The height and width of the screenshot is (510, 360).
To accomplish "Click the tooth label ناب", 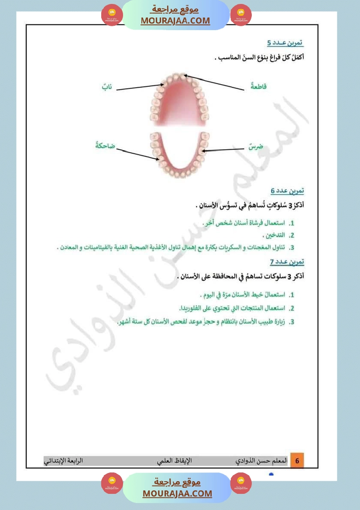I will tap(107, 87).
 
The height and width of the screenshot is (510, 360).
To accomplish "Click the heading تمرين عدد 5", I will tap(285, 43).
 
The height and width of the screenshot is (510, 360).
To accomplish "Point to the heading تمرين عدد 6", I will tap(287, 191).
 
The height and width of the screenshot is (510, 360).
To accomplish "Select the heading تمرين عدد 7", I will tap(287, 262).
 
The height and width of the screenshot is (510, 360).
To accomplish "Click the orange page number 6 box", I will tap(297, 461).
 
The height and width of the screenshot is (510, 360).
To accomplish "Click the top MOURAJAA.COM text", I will tap(175, 21).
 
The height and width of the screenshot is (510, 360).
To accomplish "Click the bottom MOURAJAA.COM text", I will tap(177, 493).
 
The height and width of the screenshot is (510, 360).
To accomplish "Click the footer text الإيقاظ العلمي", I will tap(175, 461).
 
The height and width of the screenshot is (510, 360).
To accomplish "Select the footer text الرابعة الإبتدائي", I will tap(64, 461).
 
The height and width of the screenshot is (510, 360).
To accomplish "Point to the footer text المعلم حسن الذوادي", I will tap(261, 461).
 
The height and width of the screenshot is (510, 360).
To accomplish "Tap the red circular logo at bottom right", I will tap(241, 483).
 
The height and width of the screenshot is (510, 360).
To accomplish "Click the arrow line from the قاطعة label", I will tap(214, 82).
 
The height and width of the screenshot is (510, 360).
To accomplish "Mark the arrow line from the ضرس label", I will tap(223, 151).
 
